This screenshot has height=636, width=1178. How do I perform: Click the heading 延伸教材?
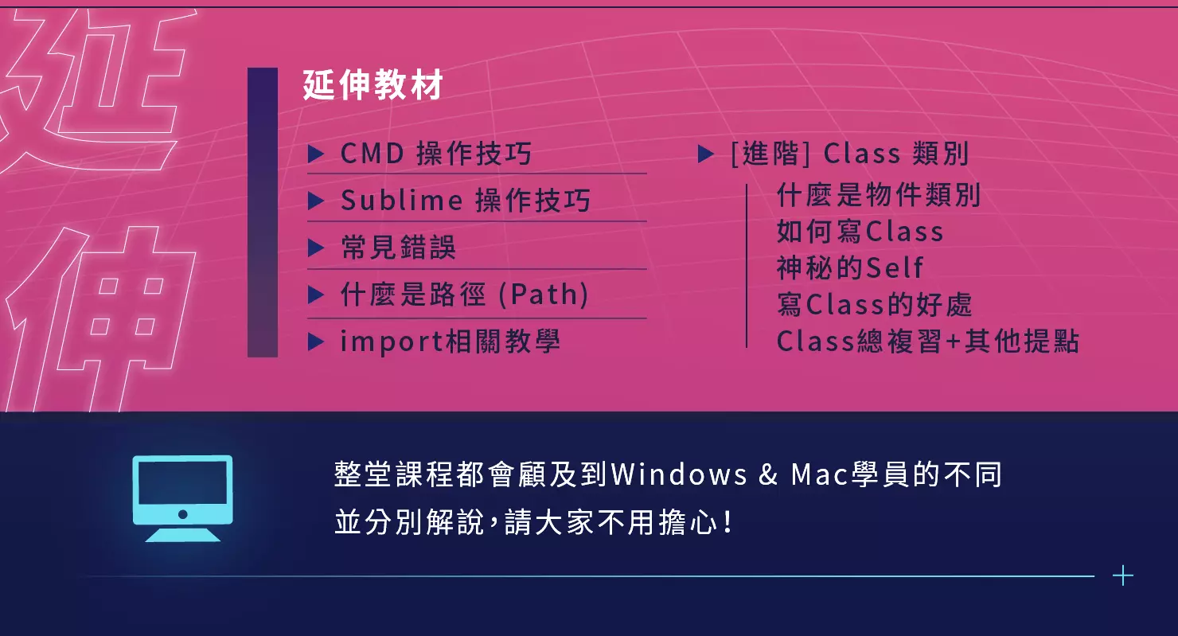pos(373,84)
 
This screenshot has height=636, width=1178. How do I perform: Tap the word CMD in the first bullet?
pos(373,154)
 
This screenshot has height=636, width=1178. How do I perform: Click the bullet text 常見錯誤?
pos(398,247)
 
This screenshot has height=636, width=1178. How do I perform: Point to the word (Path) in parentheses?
pos(544,294)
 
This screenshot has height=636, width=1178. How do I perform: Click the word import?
pos(392,342)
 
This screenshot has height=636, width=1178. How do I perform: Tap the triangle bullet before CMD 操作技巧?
pos(315,154)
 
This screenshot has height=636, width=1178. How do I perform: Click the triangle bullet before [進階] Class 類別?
pos(706,154)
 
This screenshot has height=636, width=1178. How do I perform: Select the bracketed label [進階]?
pos(770,154)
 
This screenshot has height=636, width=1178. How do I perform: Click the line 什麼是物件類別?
pos(879,195)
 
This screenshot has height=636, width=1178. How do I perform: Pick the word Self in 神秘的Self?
pos(895,267)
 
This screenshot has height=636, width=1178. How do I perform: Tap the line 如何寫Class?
pos(860,231)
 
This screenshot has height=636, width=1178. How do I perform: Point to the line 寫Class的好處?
pos(875,304)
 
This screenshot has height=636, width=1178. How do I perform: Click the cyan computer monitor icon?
pos(182,498)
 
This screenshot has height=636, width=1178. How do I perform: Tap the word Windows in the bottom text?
pos(679,474)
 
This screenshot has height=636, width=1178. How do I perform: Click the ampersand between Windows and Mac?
pos(768,474)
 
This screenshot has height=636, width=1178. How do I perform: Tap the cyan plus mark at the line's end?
pos(1123,576)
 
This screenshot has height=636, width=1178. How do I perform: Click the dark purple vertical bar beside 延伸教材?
pos(263,213)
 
